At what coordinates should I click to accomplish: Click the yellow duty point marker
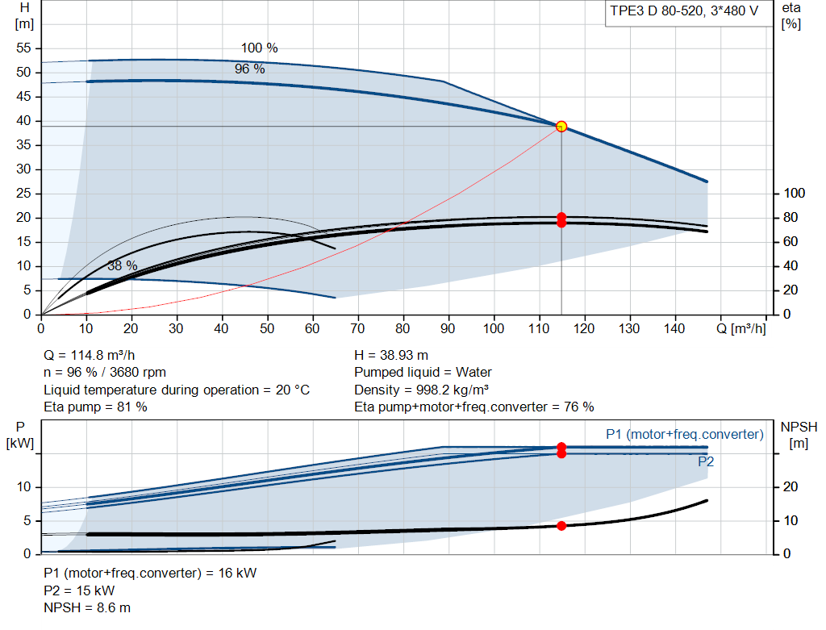(561, 127)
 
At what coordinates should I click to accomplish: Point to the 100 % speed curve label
(259, 48)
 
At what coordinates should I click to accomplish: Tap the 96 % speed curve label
(250, 69)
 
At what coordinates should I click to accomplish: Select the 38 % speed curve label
(123, 265)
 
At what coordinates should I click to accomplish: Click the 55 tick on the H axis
(23, 48)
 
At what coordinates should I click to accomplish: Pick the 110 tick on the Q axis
(539, 328)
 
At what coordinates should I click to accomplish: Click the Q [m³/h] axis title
(741, 328)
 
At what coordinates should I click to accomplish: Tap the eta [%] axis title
(791, 16)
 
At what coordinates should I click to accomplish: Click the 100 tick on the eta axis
(795, 194)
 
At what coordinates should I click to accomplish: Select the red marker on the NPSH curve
(561, 526)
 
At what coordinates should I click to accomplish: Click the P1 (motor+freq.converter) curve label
(685, 434)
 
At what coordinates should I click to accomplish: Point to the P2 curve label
(706, 462)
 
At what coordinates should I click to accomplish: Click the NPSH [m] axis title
(799, 435)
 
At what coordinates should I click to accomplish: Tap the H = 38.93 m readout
(391, 356)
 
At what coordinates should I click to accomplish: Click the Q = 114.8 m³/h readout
(90, 356)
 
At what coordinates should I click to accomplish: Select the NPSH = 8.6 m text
(87, 608)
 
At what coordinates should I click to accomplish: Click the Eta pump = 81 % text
(95, 407)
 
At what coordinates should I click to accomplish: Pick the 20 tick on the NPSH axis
(791, 486)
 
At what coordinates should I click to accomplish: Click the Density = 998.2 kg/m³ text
(421, 390)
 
